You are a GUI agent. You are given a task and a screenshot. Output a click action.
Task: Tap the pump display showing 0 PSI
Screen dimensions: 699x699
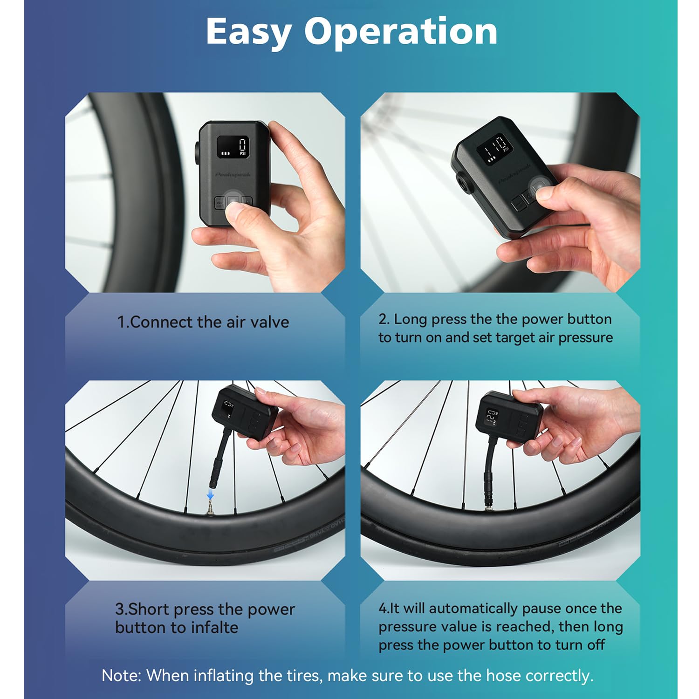pos(233,146)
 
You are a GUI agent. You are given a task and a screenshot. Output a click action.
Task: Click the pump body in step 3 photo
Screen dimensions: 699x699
pos(244,411)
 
